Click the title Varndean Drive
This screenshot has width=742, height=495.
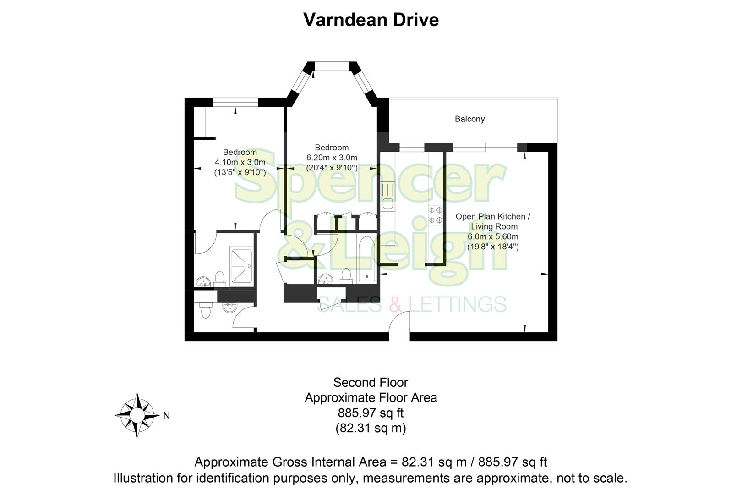point(371,20)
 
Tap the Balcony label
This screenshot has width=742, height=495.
point(469,119)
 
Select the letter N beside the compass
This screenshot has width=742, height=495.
point(167,416)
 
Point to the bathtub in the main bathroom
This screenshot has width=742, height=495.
point(366,259)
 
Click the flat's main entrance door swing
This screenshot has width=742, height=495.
point(399,321)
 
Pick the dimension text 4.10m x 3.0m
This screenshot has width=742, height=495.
point(240,162)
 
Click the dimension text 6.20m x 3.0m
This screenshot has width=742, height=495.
point(332,158)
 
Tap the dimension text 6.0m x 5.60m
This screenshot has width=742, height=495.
point(493,236)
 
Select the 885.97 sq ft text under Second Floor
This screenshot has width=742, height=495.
point(371,413)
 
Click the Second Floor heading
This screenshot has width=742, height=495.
point(371,382)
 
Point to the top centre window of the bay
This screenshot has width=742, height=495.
point(332,68)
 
